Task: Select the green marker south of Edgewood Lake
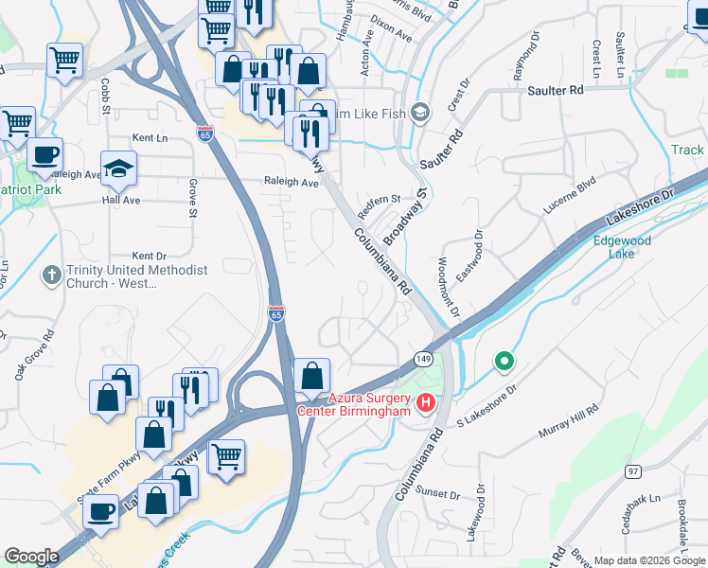(x=504, y=361)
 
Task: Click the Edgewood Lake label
(x=621, y=247)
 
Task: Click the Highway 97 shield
(x=633, y=471)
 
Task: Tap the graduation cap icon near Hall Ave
(x=118, y=169)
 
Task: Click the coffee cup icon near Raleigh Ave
(x=44, y=153)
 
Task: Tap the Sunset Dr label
(x=440, y=494)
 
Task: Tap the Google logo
(x=31, y=557)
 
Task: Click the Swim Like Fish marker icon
(x=421, y=113)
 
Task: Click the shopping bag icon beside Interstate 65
(x=312, y=377)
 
